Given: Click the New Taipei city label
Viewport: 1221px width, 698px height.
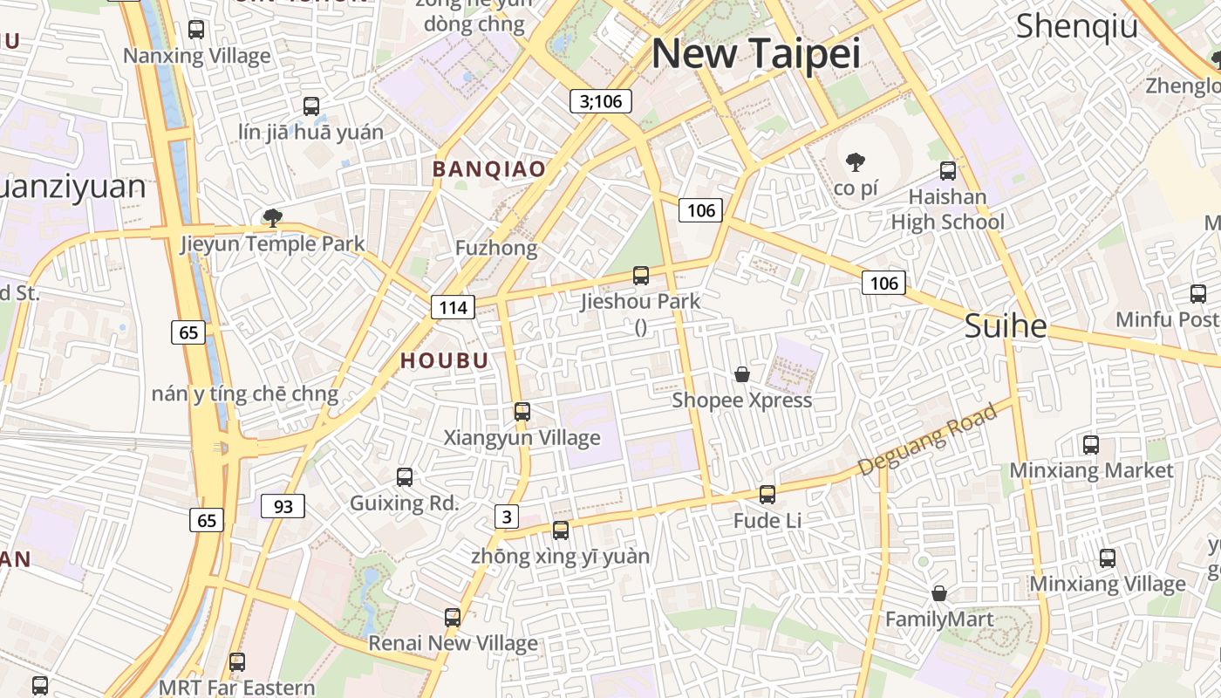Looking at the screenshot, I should tap(756, 54).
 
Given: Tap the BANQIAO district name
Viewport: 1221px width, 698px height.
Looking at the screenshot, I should tap(489, 169).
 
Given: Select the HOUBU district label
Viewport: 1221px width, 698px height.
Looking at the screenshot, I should tap(445, 360).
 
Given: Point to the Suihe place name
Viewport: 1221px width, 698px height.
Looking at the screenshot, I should tap(1006, 326).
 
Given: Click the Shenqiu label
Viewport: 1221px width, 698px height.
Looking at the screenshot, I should tap(1077, 26).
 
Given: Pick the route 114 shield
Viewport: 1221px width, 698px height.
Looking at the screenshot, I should tap(453, 307).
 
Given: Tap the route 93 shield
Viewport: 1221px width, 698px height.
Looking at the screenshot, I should tap(283, 506).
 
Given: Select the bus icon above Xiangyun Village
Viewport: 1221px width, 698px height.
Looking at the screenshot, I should tap(522, 412).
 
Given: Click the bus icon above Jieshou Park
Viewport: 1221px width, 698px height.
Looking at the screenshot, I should tap(641, 276).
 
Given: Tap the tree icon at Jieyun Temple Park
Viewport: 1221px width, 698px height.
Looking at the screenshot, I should tap(273, 217).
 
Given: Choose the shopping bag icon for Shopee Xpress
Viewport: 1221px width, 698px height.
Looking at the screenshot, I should tap(742, 374).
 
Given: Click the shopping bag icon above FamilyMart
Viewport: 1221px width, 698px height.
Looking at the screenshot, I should tap(939, 593).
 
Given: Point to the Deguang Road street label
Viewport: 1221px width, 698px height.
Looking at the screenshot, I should tap(927, 440).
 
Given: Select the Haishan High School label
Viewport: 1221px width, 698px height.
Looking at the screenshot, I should tap(947, 209).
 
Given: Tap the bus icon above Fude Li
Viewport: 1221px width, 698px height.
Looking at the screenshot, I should tap(767, 495).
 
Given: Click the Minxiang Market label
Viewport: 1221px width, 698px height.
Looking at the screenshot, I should tap(1091, 471).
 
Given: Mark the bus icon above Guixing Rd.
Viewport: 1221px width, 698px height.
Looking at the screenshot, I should tap(405, 477).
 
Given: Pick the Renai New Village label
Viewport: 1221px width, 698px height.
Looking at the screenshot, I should tap(453, 644).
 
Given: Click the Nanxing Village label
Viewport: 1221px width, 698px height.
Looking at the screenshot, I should tap(197, 57).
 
